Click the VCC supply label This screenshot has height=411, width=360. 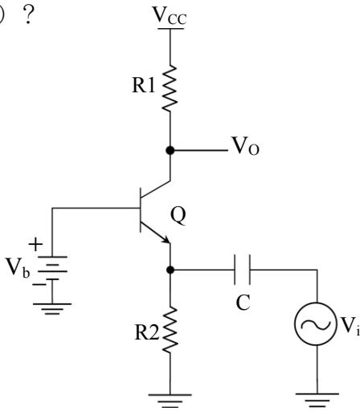coord(170,15)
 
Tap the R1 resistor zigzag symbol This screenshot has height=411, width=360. coord(170,87)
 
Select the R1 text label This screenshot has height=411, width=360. coord(144,86)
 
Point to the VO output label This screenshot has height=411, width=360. coord(246,146)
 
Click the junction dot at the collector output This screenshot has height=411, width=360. coord(170,150)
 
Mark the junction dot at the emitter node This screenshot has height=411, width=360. coord(170,270)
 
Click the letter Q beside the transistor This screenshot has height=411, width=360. coord(178,216)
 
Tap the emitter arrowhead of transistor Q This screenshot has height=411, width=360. coord(166,240)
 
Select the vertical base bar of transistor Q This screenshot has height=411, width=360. coord(141,210)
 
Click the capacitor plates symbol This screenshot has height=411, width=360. coord(242,270)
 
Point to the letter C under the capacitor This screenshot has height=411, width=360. coord(243,303)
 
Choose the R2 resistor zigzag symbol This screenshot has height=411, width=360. coord(170,330)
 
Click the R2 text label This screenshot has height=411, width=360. coord(147,332)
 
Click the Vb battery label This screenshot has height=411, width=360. coord(18,267)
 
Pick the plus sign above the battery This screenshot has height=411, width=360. coord(35,244)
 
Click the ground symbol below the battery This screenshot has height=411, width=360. coord(52,309)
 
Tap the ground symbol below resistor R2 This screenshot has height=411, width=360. coord(170,401)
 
